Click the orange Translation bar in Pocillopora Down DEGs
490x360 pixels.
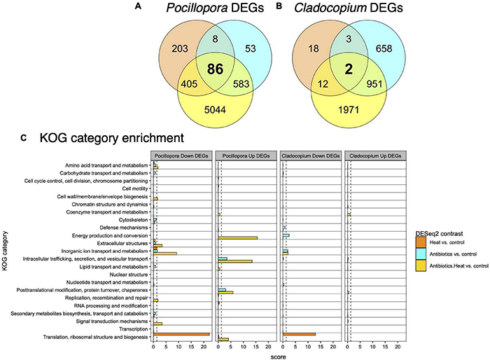(181, 334)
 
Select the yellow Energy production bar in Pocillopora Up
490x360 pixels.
(238, 237)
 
